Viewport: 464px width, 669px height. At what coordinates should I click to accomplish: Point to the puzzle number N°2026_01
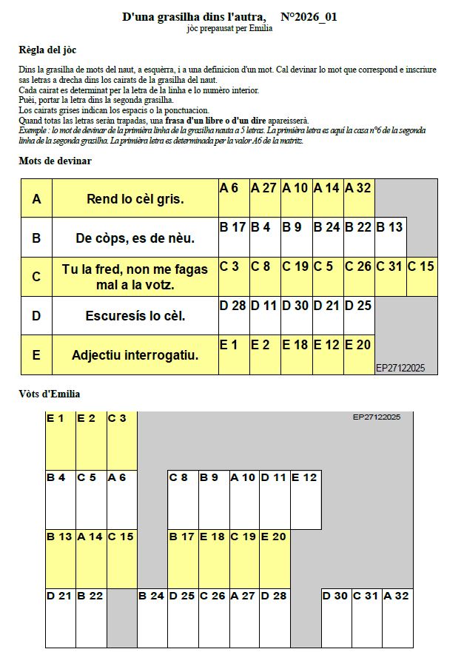309,17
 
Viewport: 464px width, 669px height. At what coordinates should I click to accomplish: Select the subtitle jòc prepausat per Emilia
229,29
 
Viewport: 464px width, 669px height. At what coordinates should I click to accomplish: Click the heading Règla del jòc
47,50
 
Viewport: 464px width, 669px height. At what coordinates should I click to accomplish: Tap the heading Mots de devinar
55,161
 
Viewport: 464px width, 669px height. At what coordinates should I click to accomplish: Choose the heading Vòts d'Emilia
50,394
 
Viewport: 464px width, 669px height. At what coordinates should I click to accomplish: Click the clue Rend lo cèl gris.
135,198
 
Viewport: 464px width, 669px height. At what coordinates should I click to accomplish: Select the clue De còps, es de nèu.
135,238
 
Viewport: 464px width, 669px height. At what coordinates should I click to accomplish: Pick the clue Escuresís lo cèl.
135,316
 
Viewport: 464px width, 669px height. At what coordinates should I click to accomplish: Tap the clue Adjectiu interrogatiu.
135,355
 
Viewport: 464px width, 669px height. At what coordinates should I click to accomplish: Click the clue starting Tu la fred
135,277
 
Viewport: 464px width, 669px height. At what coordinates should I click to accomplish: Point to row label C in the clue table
36,277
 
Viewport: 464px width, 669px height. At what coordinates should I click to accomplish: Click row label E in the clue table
36,355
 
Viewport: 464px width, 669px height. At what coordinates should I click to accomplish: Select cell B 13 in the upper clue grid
390,238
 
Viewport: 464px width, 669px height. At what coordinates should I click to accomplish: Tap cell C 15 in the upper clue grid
421,277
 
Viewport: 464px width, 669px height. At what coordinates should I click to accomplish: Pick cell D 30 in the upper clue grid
296,316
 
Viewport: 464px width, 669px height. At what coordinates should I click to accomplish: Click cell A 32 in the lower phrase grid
397,618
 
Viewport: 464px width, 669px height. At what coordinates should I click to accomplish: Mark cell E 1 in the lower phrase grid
61,440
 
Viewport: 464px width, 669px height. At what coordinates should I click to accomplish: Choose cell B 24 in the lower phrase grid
152,618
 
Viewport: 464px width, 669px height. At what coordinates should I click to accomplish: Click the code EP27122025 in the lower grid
377,417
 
